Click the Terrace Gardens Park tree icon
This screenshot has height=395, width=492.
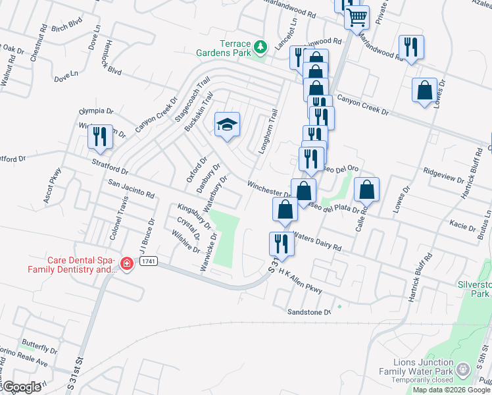click(x=261, y=47)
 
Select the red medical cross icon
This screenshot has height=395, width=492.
click(x=126, y=264)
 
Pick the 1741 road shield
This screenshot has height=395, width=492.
click(x=149, y=261)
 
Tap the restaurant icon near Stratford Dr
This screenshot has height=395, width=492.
click(x=100, y=136)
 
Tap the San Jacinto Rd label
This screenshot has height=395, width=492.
click(x=131, y=191)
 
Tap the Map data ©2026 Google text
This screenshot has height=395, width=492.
click(x=451, y=390)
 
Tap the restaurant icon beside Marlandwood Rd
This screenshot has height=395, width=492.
click(x=411, y=47)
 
